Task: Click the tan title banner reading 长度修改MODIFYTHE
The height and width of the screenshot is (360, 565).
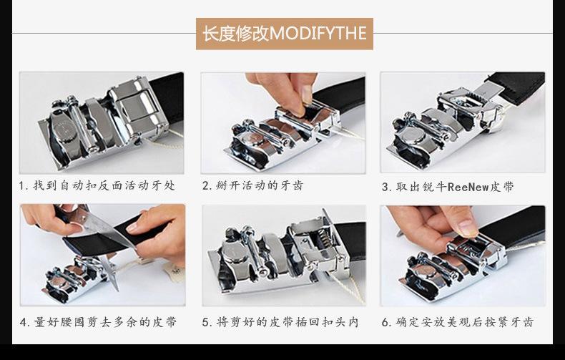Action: tap(284, 34)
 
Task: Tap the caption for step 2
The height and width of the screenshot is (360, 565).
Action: tap(252, 186)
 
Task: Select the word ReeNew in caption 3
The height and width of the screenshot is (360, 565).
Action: tap(469, 187)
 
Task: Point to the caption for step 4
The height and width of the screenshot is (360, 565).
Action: tap(98, 322)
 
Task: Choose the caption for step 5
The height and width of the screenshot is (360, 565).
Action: tap(280, 322)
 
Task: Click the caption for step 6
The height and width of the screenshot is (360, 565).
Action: tap(457, 322)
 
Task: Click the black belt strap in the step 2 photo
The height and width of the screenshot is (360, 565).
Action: tap(340, 93)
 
